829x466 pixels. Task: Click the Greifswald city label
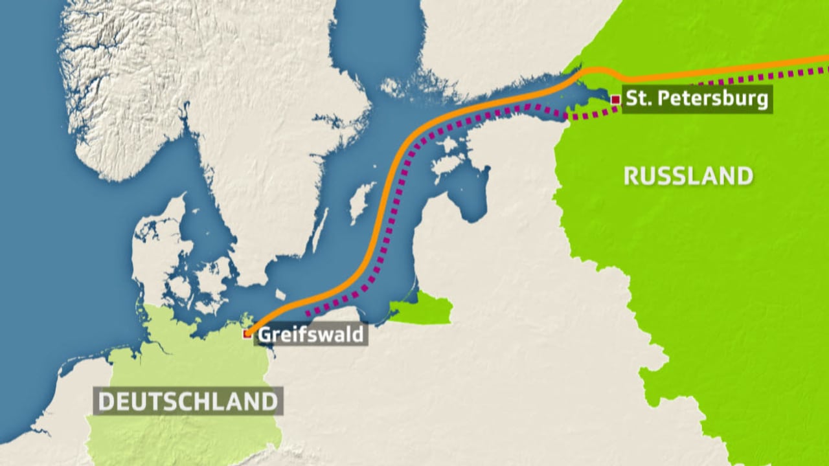click(x=312, y=335)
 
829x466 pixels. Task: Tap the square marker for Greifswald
click(x=247, y=334)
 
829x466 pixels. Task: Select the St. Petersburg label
click(x=696, y=99)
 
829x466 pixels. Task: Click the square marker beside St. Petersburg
click(x=615, y=99)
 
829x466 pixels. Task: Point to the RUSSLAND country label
click(x=688, y=176)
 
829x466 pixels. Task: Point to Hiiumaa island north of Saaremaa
click(x=448, y=145)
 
